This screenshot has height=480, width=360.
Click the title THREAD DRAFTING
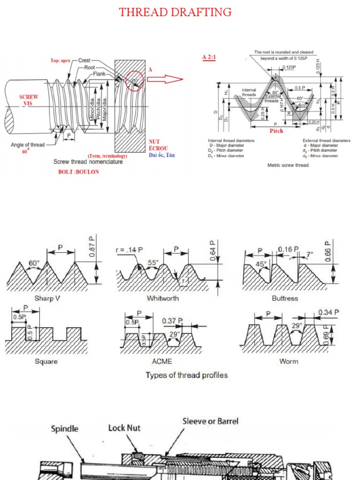point(175,12)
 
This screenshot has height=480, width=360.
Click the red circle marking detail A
point(134,81)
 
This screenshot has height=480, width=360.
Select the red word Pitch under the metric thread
point(276,131)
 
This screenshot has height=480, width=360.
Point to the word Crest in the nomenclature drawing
point(84,60)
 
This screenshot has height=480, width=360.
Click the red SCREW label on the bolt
point(29,97)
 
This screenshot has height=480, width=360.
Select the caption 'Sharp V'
point(47,298)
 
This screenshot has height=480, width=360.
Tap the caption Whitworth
point(163,298)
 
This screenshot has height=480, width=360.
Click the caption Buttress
point(285,298)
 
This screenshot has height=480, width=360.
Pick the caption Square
point(46,361)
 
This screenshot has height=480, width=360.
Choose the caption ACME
point(162,361)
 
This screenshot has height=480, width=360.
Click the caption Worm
point(288,361)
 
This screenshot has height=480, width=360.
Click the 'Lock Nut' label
point(124,427)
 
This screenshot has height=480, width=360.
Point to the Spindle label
point(64,428)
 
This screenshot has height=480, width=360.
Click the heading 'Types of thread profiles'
point(187,375)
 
